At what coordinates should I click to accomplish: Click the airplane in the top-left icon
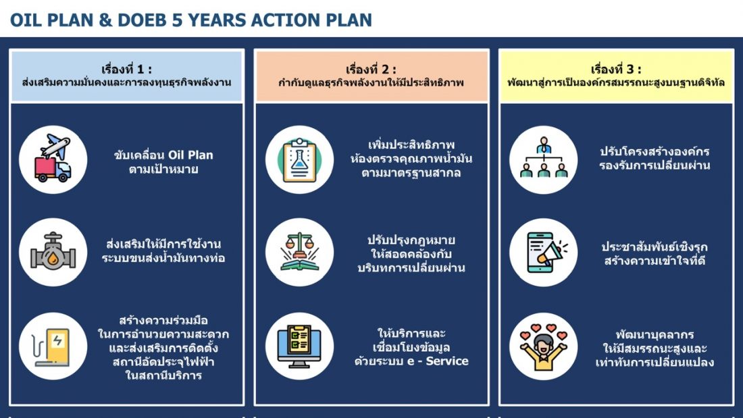[55, 145]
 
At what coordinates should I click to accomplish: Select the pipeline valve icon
[53, 252]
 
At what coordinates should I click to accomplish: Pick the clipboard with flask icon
[299, 160]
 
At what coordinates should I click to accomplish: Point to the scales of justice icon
[299, 252]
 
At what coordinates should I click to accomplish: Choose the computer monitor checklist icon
[299, 346]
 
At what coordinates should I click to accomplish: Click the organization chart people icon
[544, 157]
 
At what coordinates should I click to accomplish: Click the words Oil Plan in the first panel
[191, 155]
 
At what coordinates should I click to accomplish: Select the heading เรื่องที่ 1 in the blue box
[126, 69]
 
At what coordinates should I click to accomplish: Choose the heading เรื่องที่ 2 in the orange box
[371, 69]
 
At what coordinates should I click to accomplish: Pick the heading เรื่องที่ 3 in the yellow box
[616, 69]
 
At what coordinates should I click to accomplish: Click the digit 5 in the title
[177, 20]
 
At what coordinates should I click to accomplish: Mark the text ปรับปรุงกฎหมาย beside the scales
[411, 240]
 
